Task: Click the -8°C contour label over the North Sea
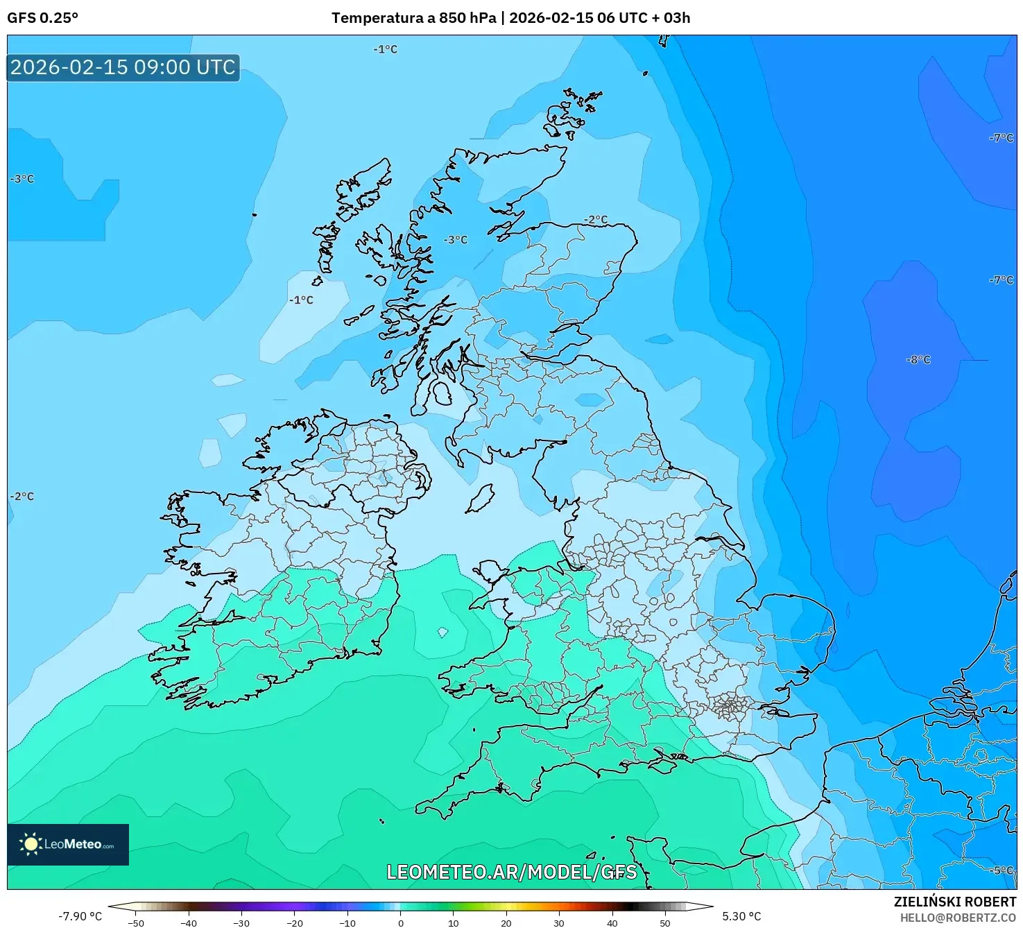[918, 360]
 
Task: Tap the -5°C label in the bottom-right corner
[1001, 870]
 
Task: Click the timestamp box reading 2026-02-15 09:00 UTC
[123, 67]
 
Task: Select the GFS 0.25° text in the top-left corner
[42, 18]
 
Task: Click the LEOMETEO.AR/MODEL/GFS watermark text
[511, 872]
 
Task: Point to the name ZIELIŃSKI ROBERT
[954, 902]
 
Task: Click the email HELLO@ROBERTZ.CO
[958, 918]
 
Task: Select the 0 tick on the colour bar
[400, 922]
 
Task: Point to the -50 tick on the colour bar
[136, 922]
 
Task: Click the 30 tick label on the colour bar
[558, 922]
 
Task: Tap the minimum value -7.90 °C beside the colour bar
[80, 916]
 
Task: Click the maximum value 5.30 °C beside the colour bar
[741, 916]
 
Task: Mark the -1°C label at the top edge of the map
[385, 49]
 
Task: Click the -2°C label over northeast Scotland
[595, 220]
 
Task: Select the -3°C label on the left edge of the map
[22, 179]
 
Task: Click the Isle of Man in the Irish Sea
[479, 499]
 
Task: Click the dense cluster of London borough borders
[730, 707]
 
